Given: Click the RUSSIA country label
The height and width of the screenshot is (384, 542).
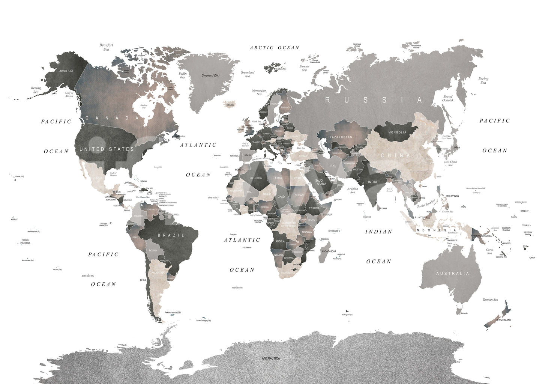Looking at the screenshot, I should point(374,100).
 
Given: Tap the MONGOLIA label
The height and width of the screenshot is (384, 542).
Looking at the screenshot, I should point(397,133).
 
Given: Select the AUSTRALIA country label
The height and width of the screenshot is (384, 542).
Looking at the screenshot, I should point(452,274).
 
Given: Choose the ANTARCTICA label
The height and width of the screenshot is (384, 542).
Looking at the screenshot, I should point(271,358).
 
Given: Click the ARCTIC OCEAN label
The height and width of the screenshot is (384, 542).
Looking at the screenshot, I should point(275,48).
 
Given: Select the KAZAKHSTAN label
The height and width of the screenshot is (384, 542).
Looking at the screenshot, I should point(341,137).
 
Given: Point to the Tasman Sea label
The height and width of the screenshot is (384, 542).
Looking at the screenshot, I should point(490,300).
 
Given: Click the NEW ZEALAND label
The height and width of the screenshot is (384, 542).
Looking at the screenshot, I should point(503,320).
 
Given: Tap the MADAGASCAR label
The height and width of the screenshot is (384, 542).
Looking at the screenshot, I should point(329,251).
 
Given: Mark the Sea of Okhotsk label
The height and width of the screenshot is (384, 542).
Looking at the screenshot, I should point(448,98).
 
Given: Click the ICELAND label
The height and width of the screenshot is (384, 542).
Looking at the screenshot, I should point(230,105).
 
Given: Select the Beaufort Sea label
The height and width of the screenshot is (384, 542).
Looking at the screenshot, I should point(106,47).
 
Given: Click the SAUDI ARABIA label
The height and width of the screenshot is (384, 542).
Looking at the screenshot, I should point(321,182).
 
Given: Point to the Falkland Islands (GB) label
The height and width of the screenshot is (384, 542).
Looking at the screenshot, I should point(173,312).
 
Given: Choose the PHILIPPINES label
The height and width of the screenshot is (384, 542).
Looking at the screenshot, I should point(452,196).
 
